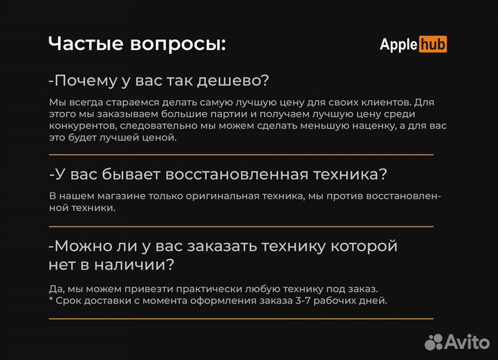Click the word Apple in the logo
[x=398, y=44]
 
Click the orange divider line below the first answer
[x=241, y=154]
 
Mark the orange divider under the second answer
[x=241, y=226]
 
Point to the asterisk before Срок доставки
[x=51, y=300]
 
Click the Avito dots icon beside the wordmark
[x=434, y=341]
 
